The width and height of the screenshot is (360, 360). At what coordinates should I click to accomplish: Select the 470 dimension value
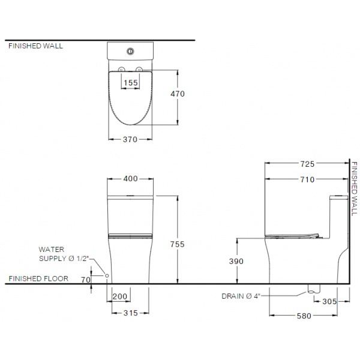click(178, 94)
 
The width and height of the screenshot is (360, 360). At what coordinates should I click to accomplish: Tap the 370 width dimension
click(131, 139)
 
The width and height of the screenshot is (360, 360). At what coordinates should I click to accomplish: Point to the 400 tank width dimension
click(131, 179)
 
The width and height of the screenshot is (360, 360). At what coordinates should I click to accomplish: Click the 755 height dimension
click(178, 244)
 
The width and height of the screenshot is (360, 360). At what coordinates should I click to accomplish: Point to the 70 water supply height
click(85, 280)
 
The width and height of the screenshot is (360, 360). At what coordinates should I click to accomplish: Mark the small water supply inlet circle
click(107, 275)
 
